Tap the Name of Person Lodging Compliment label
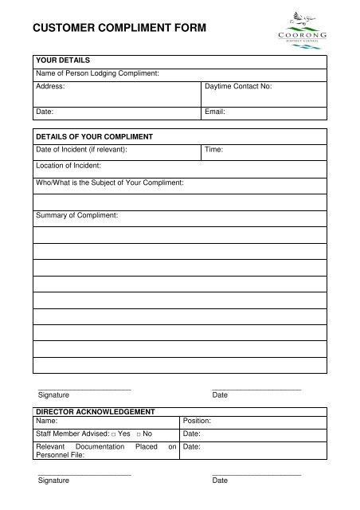[x=98, y=73]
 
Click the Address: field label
[x=51, y=84]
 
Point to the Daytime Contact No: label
[x=239, y=84]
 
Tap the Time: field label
[x=213, y=149]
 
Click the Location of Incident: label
[x=68, y=166]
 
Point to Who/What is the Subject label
[x=110, y=182]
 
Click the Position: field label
[x=197, y=420]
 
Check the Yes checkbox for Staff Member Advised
[x=114, y=434]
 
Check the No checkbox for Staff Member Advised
[x=139, y=434]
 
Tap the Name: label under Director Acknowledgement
[x=47, y=420]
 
